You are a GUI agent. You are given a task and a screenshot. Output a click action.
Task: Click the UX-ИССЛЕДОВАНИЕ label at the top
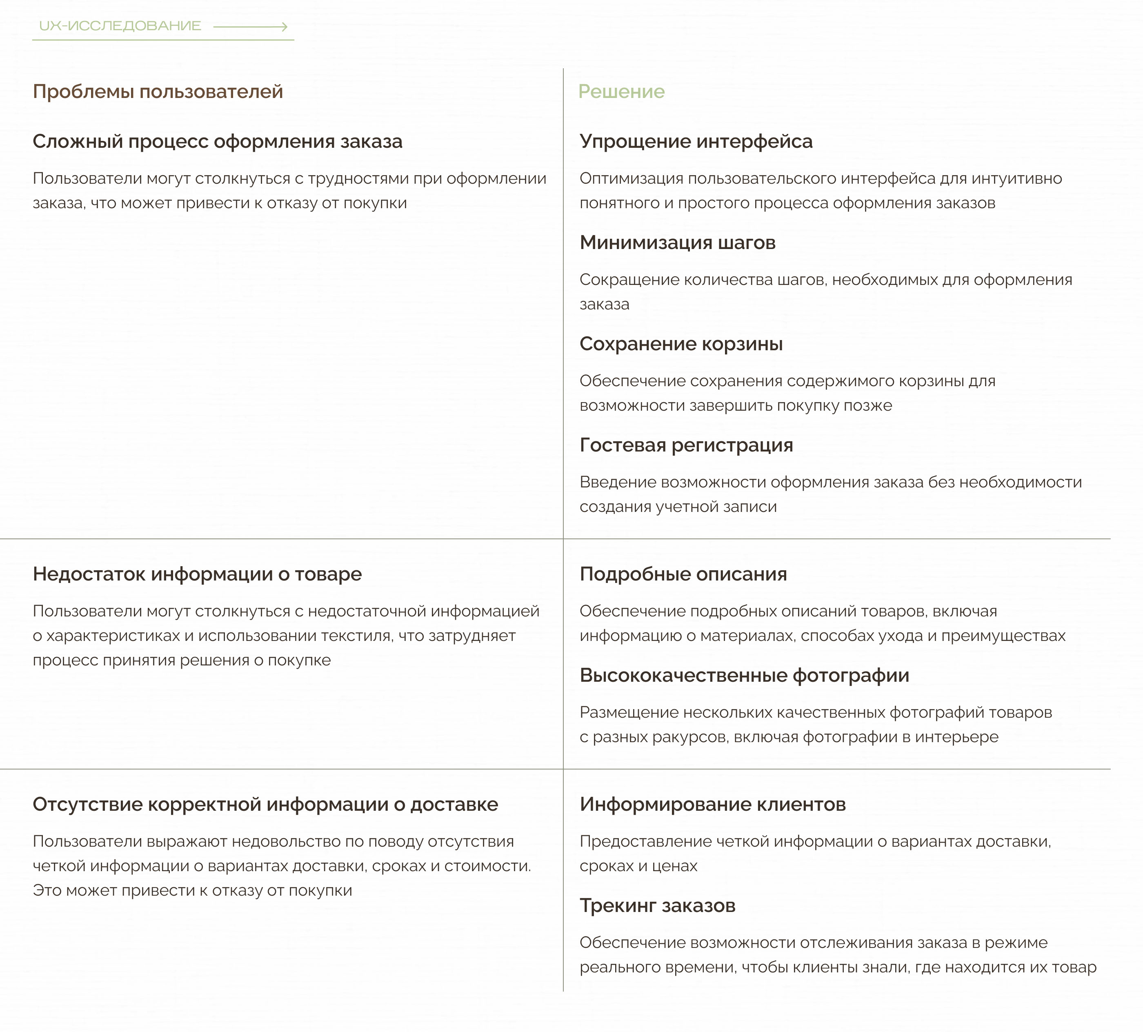point(120,26)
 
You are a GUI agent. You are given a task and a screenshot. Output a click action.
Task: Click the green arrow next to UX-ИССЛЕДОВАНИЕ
point(251,27)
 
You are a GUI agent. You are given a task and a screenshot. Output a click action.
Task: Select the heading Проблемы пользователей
point(158,92)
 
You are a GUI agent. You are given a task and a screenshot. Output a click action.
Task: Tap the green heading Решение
point(621,92)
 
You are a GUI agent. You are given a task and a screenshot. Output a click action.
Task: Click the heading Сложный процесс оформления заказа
point(217,142)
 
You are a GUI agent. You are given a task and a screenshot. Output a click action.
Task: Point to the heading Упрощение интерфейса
point(696,142)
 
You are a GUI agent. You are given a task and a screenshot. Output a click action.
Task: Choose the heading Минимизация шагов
point(678,242)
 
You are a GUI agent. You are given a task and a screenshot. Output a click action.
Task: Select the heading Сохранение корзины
point(681,344)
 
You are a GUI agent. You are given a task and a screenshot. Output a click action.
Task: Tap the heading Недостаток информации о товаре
point(197,574)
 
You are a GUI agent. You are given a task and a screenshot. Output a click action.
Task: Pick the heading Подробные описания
point(683,574)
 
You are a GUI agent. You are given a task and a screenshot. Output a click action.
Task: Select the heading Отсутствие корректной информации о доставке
point(265,805)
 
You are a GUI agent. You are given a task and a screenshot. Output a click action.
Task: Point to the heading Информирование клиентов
point(713,805)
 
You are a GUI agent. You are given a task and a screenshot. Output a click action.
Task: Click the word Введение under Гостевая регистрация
point(617,483)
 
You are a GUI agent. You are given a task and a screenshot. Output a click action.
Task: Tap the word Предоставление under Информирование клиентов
point(645,841)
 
